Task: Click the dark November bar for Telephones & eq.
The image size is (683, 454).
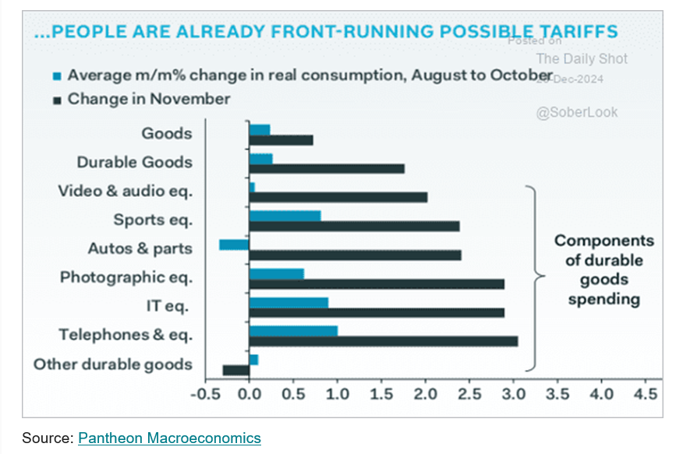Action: [383, 341]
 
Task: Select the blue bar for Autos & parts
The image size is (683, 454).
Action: [234, 245]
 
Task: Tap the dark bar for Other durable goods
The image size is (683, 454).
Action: [235, 370]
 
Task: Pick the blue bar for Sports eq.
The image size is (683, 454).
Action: [285, 216]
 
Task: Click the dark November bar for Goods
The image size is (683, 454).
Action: [281, 140]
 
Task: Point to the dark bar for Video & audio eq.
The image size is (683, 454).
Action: [338, 197]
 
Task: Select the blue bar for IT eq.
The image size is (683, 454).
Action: [288, 302]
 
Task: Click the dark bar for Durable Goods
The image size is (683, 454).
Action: [327, 168]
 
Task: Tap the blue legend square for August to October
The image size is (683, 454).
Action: [57, 76]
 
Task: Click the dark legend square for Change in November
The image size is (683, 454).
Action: [57, 100]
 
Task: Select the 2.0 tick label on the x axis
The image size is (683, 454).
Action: [425, 395]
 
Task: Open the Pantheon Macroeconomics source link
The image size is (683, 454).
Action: [169, 438]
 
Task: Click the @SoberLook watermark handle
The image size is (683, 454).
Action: [576, 112]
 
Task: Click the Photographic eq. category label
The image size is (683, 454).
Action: [126, 276]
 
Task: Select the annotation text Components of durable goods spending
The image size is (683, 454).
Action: [603, 270]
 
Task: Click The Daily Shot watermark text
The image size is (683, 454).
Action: [581, 58]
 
